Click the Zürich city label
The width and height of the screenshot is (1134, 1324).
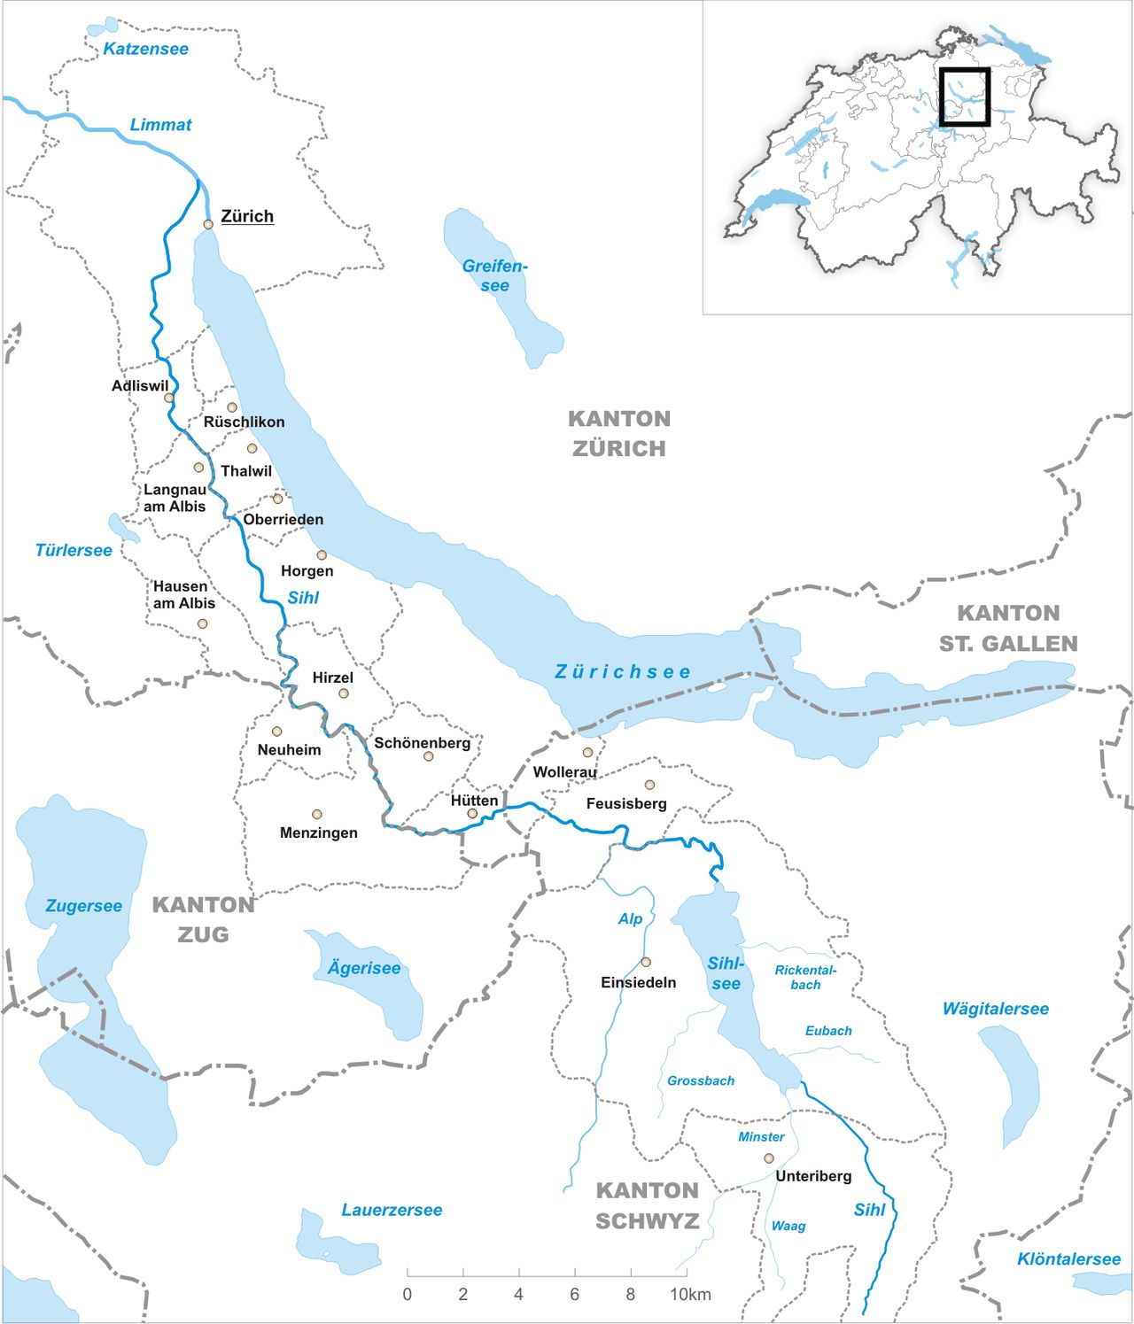[x=246, y=216]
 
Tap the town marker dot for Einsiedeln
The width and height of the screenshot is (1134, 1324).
[x=646, y=962]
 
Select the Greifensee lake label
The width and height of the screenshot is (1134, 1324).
[x=494, y=275]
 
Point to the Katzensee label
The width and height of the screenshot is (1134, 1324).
[x=145, y=49]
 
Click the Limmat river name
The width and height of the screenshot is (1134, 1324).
[x=160, y=125]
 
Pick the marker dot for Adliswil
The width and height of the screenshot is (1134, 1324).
[x=169, y=398]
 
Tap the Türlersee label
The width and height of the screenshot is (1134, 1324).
[x=74, y=550]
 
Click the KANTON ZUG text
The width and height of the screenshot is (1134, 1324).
[x=204, y=919]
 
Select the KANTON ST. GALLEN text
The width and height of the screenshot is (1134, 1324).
[x=1008, y=628]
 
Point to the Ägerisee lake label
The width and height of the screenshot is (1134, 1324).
[x=364, y=968]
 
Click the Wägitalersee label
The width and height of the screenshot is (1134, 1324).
[x=995, y=1009]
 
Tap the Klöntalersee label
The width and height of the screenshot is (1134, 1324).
[x=1068, y=1258]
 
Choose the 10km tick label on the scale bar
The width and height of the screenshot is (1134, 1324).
[x=690, y=1294]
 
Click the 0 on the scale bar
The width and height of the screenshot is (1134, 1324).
[x=408, y=1294]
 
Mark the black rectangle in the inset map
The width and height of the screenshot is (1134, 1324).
[x=964, y=97]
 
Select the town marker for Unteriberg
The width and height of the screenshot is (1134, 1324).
[x=769, y=1158]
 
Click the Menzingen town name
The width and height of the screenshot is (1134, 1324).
[x=319, y=832]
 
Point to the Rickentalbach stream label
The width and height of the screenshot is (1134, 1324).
[x=805, y=977]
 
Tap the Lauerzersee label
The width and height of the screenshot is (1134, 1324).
[x=392, y=1210]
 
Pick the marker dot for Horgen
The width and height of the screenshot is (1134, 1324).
[x=322, y=555]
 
